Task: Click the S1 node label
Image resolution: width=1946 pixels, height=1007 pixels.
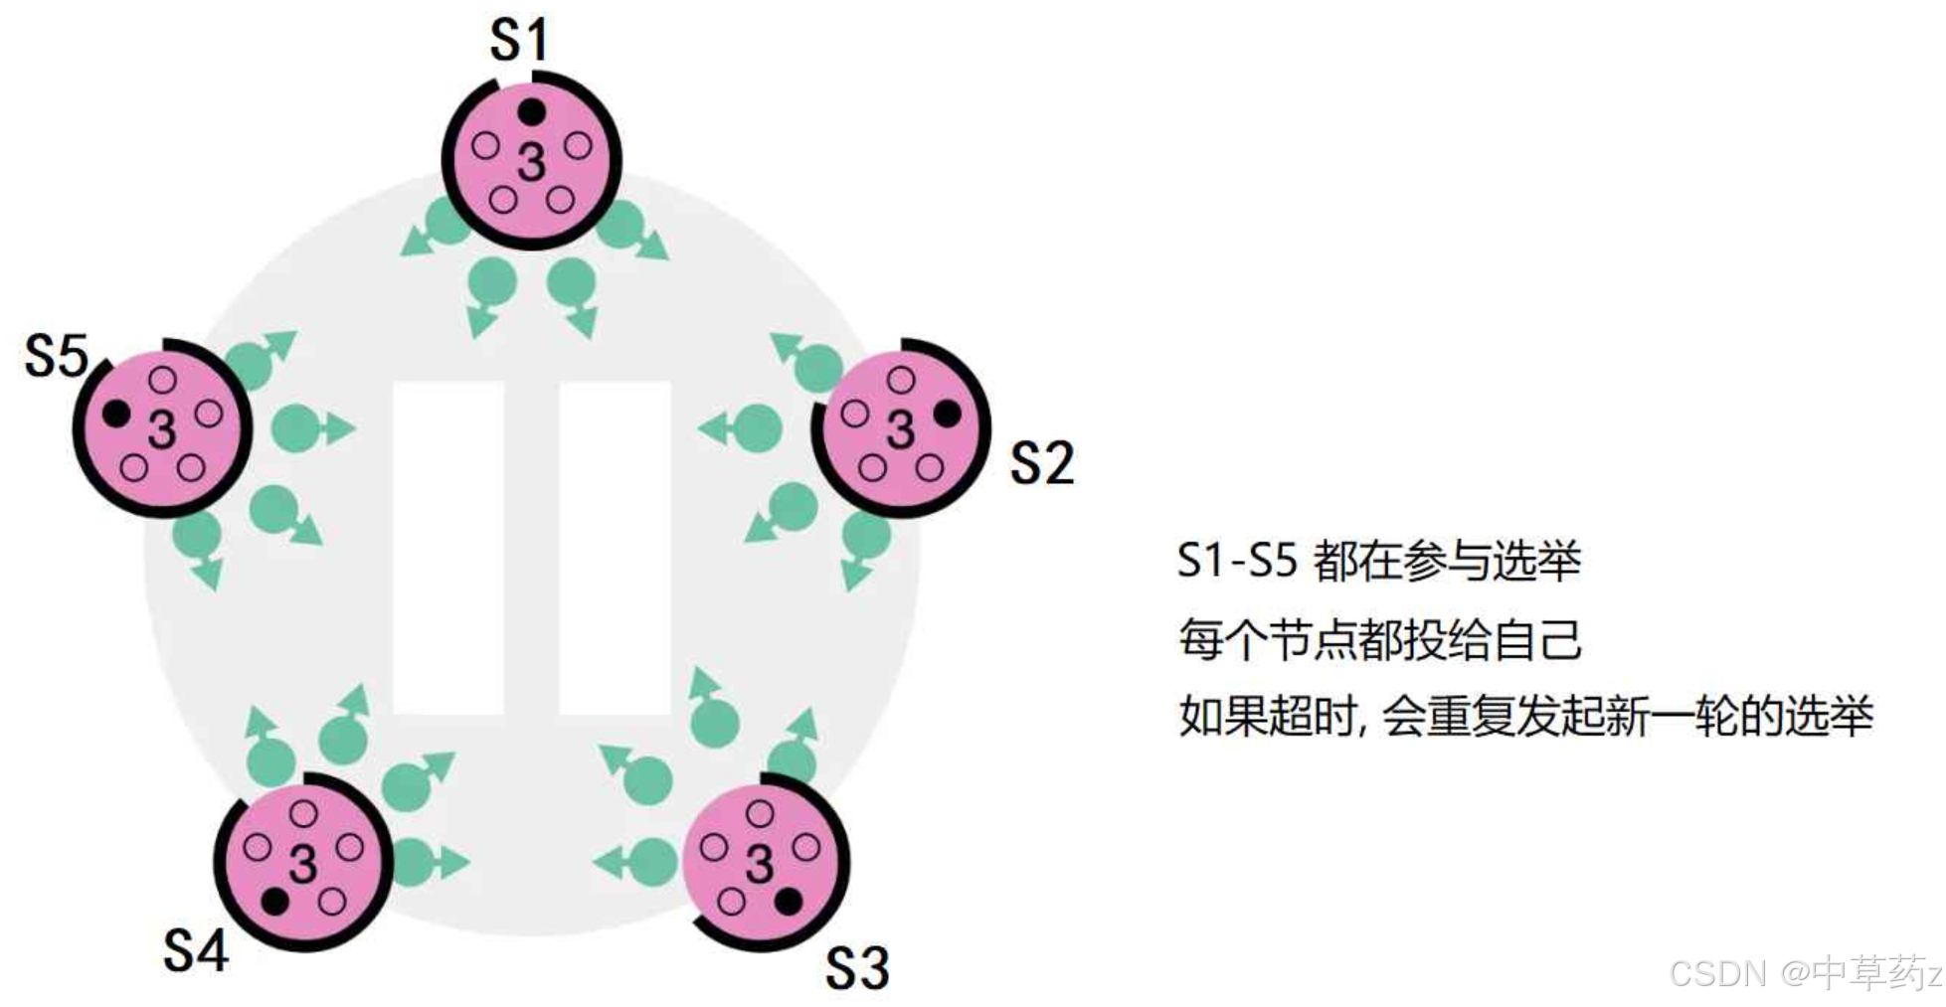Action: [x=519, y=41]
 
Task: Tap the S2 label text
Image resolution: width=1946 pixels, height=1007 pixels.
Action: [x=1041, y=463]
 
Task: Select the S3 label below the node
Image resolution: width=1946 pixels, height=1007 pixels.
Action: [x=857, y=967]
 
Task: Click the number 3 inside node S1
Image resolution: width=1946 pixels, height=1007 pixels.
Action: [x=532, y=162]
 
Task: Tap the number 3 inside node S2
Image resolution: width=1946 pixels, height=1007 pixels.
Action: [x=900, y=429]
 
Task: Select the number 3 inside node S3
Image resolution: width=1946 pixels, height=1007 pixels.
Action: [x=759, y=863]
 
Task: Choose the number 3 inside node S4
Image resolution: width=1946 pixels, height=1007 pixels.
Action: [x=302, y=863]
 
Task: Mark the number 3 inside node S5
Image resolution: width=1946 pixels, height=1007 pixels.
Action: [x=161, y=429]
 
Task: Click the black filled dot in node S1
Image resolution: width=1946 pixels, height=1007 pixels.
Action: [x=532, y=111]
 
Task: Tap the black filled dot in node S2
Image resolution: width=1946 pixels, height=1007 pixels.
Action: [x=947, y=413]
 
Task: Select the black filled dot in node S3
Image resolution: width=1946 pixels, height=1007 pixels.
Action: [x=788, y=902]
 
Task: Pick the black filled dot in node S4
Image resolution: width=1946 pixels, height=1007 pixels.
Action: [x=274, y=902]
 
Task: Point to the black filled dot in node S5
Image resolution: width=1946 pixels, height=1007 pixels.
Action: [x=115, y=413]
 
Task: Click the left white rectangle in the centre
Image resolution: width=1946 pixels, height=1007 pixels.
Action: [x=447, y=547]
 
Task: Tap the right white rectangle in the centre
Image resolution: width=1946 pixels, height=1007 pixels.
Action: [x=615, y=547]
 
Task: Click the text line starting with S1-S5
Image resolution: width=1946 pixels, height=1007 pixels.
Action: [x=1378, y=562]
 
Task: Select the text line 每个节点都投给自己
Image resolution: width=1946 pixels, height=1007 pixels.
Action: [x=1379, y=639]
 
